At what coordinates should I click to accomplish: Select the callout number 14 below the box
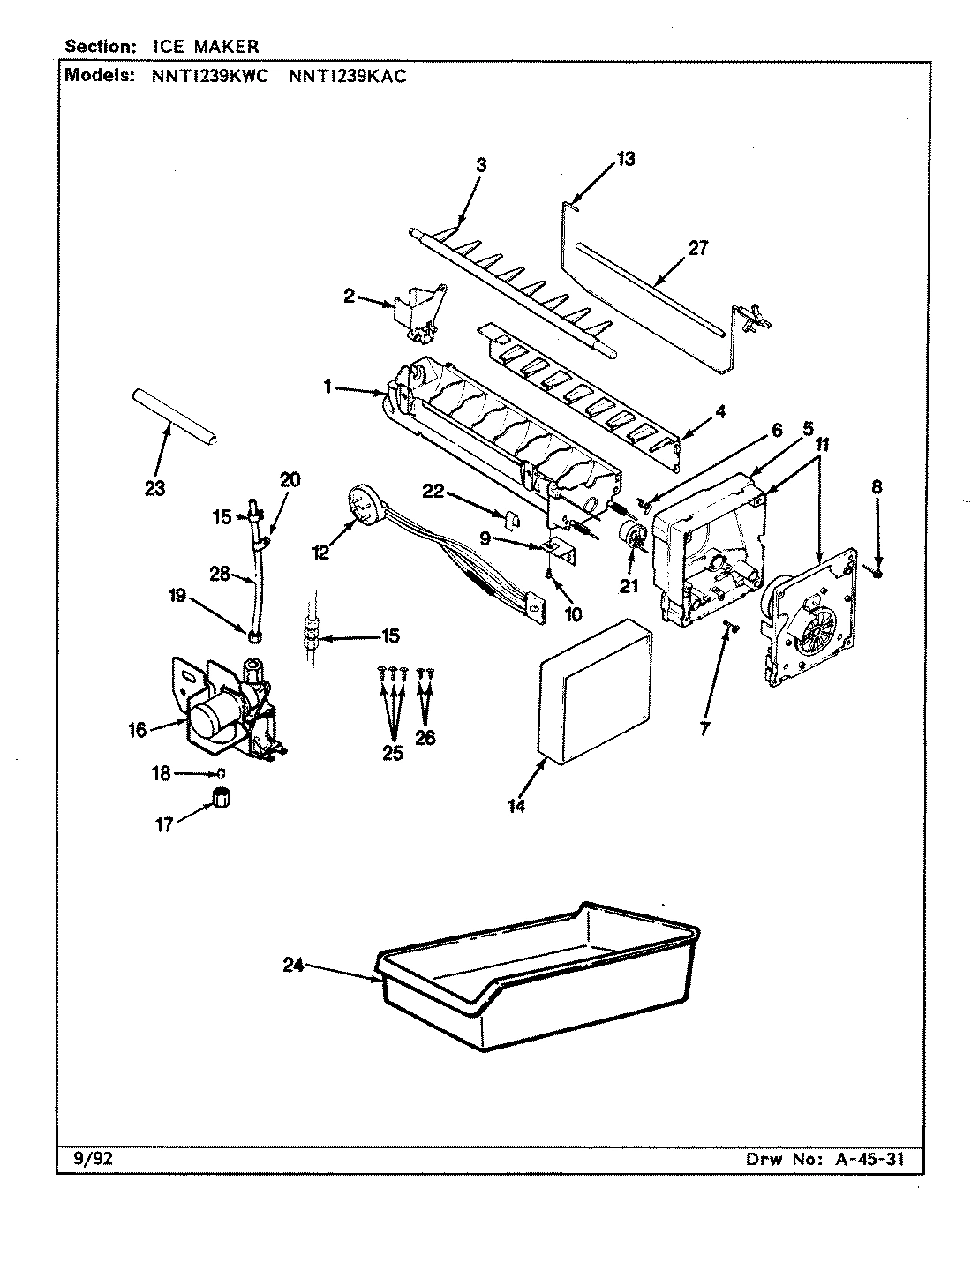click(x=516, y=806)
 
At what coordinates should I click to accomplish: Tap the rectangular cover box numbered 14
click(x=596, y=688)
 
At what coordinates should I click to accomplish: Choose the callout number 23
click(x=154, y=488)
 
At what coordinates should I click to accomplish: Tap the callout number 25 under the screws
click(x=393, y=753)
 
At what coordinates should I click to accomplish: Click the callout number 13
click(x=625, y=159)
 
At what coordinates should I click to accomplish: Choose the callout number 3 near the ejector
click(x=480, y=164)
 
